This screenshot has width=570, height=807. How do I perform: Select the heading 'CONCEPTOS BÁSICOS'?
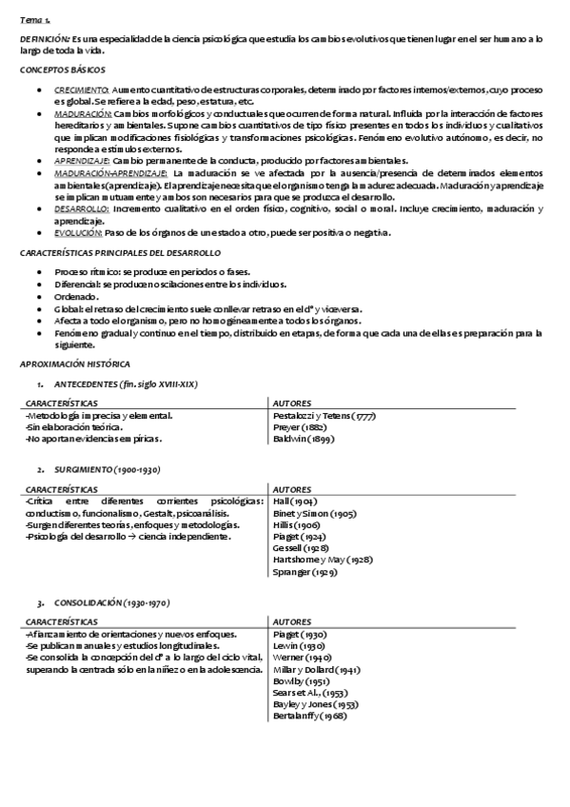63,70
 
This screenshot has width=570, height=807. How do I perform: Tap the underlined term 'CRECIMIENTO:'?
81,89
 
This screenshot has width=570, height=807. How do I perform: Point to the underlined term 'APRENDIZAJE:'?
81,161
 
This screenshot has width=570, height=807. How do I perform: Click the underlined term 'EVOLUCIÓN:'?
79,232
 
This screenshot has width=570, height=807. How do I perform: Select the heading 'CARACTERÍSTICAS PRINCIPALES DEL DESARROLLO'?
120,253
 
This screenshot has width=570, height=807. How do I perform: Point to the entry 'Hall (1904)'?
295,501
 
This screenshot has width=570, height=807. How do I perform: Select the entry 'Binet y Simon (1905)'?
314,513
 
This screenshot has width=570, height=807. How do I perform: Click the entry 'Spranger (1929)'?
305,575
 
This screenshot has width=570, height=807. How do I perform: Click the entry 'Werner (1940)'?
302,658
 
